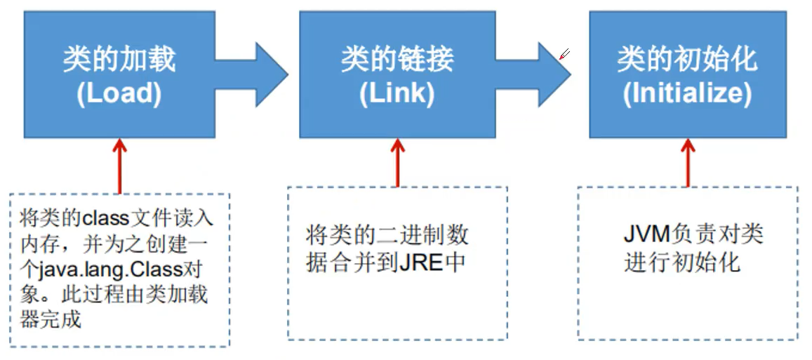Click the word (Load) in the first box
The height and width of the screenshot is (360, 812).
[119, 94]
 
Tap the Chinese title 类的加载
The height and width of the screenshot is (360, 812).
[119, 60]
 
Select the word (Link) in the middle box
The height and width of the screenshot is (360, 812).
[397, 94]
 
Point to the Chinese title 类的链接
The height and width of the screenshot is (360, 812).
[397, 60]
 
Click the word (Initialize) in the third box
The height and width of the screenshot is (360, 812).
[687, 94]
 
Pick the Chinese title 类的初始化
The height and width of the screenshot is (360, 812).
[687, 60]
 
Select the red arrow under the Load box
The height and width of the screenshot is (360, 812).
[120, 165]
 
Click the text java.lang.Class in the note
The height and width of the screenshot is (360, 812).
[127, 269]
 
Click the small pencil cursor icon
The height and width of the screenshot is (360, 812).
[564, 54]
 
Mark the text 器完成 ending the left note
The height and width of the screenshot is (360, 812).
[51, 320]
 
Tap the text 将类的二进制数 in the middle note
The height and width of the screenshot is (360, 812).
[387, 234]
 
